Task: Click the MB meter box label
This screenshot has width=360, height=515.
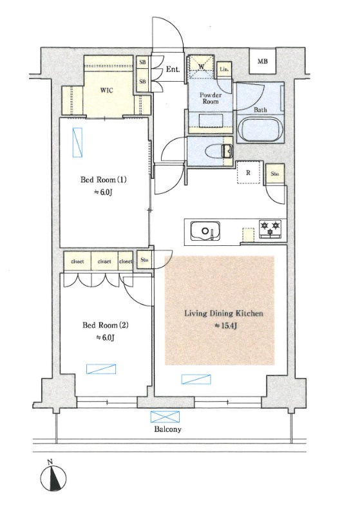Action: (x=262, y=61)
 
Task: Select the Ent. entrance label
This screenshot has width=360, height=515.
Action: (x=173, y=70)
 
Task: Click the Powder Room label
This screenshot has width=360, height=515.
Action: (x=211, y=98)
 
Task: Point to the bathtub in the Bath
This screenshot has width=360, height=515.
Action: (x=260, y=129)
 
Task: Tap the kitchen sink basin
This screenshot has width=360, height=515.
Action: (x=205, y=231)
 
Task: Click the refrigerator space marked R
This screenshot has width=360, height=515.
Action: (x=249, y=173)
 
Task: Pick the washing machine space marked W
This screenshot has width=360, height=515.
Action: (x=201, y=67)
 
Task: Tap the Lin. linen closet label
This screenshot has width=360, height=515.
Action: (x=224, y=70)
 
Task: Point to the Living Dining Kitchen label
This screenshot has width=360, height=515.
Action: (x=223, y=314)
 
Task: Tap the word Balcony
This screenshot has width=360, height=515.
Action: (x=167, y=429)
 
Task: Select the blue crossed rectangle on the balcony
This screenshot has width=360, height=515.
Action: (x=166, y=417)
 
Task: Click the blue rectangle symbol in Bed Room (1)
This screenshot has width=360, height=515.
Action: (x=77, y=142)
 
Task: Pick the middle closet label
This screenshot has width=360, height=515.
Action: (x=104, y=261)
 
